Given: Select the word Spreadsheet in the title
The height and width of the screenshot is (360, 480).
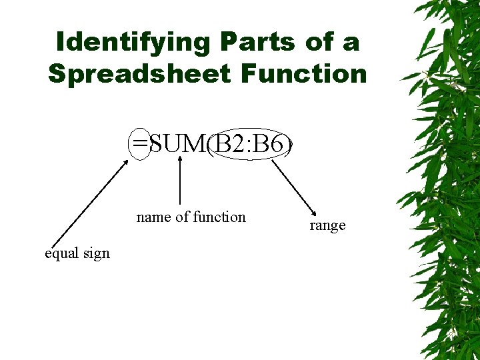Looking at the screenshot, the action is pos(140,73).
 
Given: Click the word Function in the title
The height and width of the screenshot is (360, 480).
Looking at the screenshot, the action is pos(304,73).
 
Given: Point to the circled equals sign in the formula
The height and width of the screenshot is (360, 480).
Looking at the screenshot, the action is pos(140,143).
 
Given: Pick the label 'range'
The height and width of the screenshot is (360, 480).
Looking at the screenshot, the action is pos(327,225).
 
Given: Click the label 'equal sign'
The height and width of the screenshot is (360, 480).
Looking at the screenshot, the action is pos(77,253).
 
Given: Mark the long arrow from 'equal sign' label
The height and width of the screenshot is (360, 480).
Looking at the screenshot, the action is pos(88,203).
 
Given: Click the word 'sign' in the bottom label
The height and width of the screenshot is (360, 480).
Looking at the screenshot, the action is pos(97,253).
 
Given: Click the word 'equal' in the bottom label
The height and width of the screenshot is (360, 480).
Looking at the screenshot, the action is pos(63,253).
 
